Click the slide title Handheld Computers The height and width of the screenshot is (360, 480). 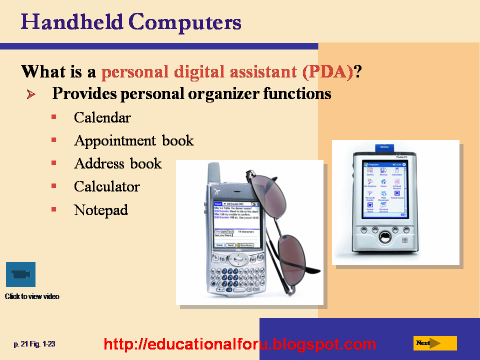[131, 23]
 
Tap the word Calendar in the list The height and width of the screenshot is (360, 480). [102, 118]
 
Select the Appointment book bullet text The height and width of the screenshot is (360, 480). [133, 141]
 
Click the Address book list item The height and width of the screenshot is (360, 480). [117, 164]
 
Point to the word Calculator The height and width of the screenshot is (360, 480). [106, 187]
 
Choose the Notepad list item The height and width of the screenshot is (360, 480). [100, 210]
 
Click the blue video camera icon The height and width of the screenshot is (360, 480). [20, 274]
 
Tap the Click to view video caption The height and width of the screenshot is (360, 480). [32, 296]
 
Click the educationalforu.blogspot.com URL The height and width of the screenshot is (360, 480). [239, 344]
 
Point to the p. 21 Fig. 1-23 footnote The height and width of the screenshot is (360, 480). [34, 344]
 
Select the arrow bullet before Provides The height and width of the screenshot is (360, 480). [31, 94]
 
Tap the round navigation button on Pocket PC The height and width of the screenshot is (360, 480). [384, 237]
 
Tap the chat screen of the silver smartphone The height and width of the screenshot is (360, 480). [234, 224]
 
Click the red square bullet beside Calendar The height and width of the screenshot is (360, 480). [53, 117]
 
